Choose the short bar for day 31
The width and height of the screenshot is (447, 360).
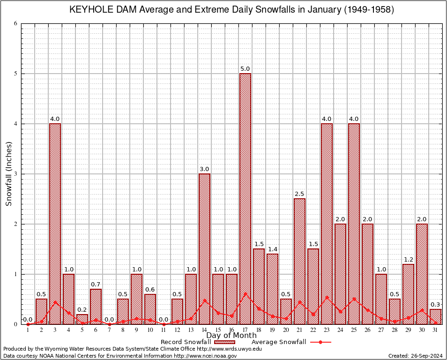pyautogui.click(x=435, y=316)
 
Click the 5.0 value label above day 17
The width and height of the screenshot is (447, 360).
pyautogui.click(x=245, y=69)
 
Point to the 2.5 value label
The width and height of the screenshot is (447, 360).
pyautogui.click(x=299, y=194)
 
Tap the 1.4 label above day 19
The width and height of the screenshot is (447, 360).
pyautogui.click(x=272, y=249)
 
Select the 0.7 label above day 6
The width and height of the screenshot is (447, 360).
pyautogui.click(x=96, y=285)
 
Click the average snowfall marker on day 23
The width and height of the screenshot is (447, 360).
pyautogui.click(x=327, y=297)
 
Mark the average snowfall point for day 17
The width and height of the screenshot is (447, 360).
pyautogui.click(x=245, y=294)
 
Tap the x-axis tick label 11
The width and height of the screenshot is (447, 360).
pyautogui.click(x=164, y=330)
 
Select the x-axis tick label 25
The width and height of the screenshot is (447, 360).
pyautogui.click(x=354, y=330)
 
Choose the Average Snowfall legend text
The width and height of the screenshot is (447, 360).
pyautogui.click(x=278, y=342)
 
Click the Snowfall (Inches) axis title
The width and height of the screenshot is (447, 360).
pyautogui.click(x=9, y=174)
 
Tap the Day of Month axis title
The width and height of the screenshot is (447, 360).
pyautogui.click(x=231, y=336)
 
